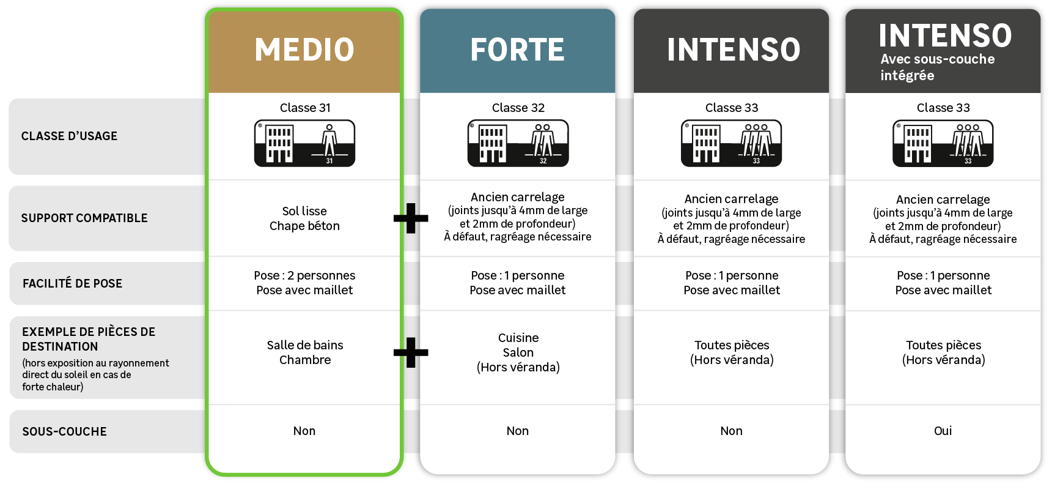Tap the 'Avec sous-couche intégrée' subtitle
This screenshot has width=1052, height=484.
click(x=937, y=67)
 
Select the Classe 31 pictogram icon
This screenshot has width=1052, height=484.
click(x=304, y=143)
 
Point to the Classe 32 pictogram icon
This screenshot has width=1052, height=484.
click(x=518, y=143)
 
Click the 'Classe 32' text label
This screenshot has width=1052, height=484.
click(x=518, y=108)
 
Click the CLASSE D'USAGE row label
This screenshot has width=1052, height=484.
click(x=69, y=136)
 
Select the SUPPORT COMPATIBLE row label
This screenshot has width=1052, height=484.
click(x=84, y=218)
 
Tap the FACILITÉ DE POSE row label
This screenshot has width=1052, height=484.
click(x=72, y=283)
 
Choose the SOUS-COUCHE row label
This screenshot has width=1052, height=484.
click(x=64, y=431)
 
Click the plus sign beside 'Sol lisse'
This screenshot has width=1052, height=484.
click(x=411, y=218)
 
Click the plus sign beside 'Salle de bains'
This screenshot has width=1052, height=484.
click(x=411, y=352)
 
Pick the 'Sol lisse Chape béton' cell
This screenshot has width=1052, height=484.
click(x=304, y=218)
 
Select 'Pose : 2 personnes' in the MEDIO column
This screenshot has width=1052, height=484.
click(x=304, y=275)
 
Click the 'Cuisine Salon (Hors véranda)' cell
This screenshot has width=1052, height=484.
click(x=518, y=352)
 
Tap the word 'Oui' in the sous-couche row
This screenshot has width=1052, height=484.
click(x=943, y=431)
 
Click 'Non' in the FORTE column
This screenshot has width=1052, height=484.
click(x=517, y=431)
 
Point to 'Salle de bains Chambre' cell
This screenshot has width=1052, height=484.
click(x=304, y=352)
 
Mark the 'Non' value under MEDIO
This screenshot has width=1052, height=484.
click(x=304, y=431)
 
